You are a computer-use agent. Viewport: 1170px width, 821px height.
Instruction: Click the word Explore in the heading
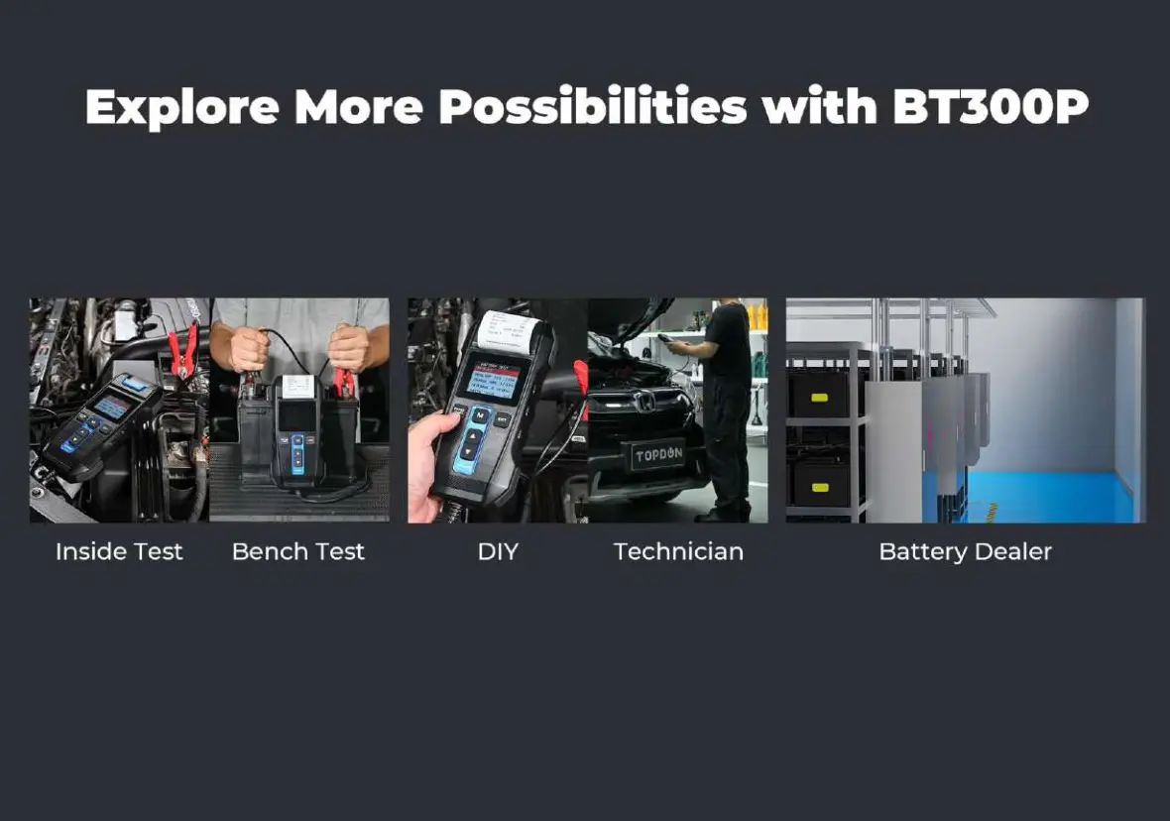181,107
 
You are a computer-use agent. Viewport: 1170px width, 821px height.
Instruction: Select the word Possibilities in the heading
592,107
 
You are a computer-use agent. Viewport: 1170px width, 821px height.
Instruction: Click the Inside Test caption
119,552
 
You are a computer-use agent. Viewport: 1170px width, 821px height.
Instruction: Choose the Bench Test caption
298,552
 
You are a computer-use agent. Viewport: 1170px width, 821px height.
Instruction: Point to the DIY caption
498,552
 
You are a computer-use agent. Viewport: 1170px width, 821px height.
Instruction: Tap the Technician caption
678,552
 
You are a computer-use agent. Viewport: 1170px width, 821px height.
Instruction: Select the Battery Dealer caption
965,552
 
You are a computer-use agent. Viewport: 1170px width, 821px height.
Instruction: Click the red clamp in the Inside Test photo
181,351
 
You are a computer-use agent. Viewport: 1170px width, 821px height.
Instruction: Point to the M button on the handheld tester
480,413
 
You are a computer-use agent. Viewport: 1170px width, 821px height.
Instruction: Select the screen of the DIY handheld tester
488,376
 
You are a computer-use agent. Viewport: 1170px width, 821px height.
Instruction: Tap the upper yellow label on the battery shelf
820,400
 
